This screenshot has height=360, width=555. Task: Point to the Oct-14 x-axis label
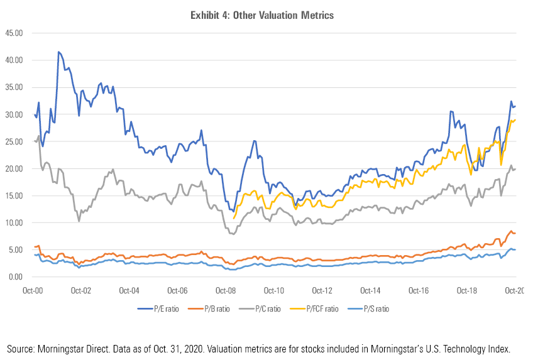coord(370,292)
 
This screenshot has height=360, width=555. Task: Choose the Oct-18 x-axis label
coord(467,292)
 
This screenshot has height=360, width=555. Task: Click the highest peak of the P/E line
coord(58,52)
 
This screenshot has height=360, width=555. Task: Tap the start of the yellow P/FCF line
coord(234,218)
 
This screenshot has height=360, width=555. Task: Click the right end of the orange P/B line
coord(516,233)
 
